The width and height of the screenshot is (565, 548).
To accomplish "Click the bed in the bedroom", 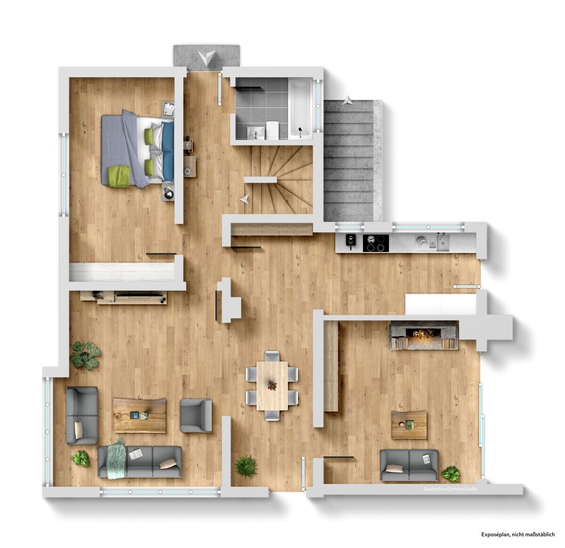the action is point(137,149).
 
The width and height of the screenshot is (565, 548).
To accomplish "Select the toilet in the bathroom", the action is point(273,130).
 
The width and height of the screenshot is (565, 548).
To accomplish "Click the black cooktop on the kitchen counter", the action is point(376,243).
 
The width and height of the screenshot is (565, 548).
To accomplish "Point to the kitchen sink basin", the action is point(443,242).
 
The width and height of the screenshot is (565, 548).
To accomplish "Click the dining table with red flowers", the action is point(272,386).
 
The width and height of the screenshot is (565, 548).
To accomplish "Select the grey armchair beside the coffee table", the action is point(196,416).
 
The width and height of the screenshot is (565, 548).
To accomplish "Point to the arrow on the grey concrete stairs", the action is point(348,100).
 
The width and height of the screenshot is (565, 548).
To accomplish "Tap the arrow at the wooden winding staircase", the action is point(244,199).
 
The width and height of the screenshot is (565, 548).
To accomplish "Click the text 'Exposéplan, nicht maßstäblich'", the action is point(518,534).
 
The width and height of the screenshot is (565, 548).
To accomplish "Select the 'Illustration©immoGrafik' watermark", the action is point(450,489).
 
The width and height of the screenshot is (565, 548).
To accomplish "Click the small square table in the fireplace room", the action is point(409,425).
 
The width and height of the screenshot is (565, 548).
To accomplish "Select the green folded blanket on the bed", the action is point(119,176).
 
